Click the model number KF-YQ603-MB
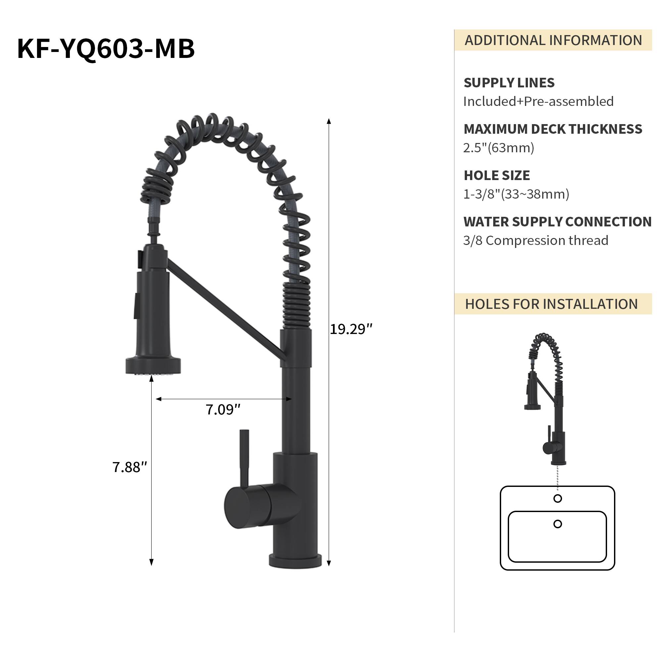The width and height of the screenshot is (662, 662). (x=106, y=49)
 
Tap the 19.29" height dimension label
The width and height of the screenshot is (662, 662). (x=351, y=329)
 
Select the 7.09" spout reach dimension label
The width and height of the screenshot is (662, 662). (x=223, y=410)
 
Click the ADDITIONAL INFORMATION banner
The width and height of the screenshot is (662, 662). (x=553, y=40)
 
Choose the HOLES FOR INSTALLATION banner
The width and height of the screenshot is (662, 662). (x=551, y=304)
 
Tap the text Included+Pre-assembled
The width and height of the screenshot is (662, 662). (x=538, y=101)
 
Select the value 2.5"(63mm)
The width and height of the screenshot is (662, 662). (x=498, y=148)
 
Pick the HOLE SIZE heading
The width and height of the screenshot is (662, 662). (x=496, y=175)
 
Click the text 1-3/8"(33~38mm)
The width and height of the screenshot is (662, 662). (x=516, y=194)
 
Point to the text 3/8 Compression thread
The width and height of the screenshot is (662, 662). (x=536, y=241)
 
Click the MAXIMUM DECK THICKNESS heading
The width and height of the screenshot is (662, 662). (x=552, y=129)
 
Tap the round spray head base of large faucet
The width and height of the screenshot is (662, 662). (x=153, y=366)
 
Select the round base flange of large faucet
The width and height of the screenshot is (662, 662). (x=295, y=561)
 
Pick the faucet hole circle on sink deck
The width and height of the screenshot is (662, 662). (x=557, y=498)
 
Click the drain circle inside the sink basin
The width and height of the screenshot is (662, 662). (x=557, y=524)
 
